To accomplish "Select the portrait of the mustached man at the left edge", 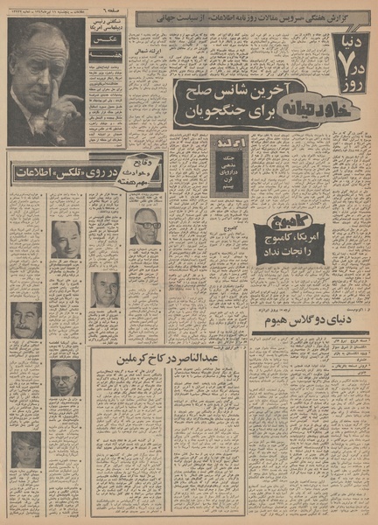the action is tap(26, 319).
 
